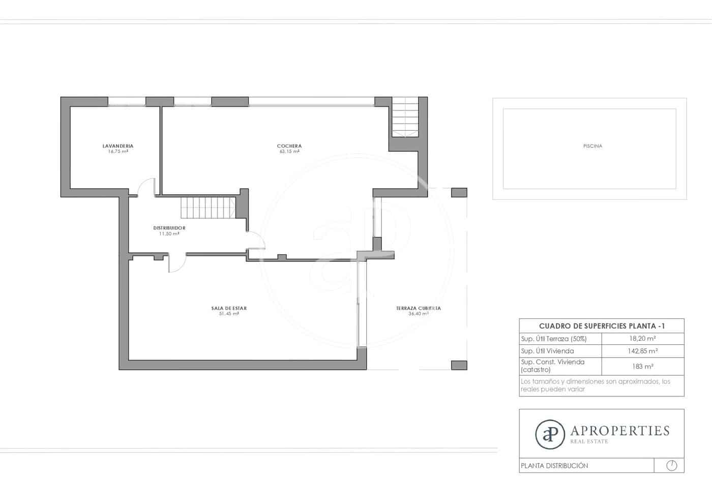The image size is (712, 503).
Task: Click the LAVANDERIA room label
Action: pos(117,146)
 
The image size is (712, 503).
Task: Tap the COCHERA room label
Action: pos(289,146)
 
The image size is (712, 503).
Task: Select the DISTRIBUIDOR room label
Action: pos(169,228)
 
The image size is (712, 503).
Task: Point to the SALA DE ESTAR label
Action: pos(229,308)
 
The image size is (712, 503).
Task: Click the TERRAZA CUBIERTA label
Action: pos(418,308)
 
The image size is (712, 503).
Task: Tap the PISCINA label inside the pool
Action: pos(592,146)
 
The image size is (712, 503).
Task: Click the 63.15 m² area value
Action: pos(289,152)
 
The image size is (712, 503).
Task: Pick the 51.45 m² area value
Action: pos(229,314)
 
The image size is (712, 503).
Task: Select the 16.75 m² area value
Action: pos(117,152)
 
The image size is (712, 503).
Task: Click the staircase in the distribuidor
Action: pos(207,208)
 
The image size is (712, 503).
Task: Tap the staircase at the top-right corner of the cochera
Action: pos(405,117)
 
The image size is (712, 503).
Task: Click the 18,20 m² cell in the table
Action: pos(642,339)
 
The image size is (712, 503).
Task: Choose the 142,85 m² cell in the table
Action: pos(642,351)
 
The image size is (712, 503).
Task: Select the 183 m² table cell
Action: pos(642,366)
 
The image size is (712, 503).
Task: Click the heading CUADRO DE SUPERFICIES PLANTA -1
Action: pos(601,326)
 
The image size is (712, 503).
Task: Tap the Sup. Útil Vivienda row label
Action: pos(547,351)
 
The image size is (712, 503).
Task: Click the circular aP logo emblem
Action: pos(550,434)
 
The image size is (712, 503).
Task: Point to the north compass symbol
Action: pos(671,465)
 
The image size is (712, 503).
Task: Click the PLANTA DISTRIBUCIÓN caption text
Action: pos(554,465)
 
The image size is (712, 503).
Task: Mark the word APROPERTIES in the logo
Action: pos(619,431)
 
